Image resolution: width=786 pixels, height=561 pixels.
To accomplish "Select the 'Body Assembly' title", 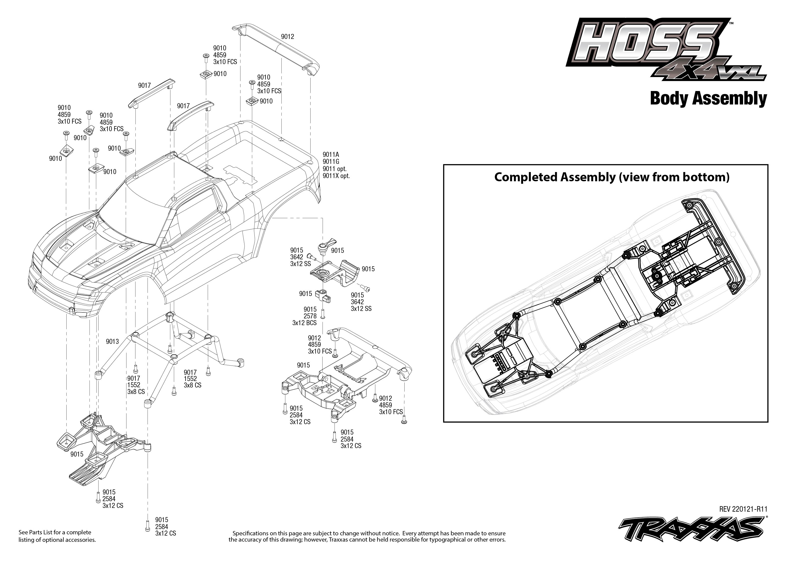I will coord(708,98).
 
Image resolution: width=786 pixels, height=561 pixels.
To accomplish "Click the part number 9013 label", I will coord(112,342).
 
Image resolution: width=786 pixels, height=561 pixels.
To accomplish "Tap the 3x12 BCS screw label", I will coord(304,323).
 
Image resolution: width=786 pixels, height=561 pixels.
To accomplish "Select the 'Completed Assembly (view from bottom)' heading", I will coord(612,177).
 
